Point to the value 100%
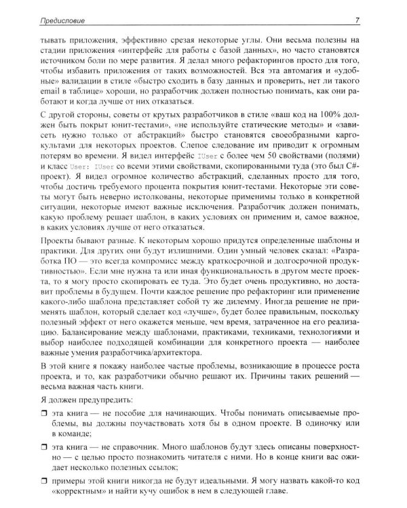339,113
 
